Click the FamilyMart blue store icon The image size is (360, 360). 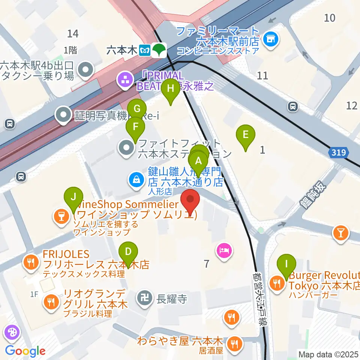[x=270, y=38]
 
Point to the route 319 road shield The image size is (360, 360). [x=339, y=153]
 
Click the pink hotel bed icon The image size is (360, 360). [x=224, y=249]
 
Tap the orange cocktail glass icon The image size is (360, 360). [x=340, y=233]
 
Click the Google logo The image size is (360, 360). [x=25, y=351]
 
